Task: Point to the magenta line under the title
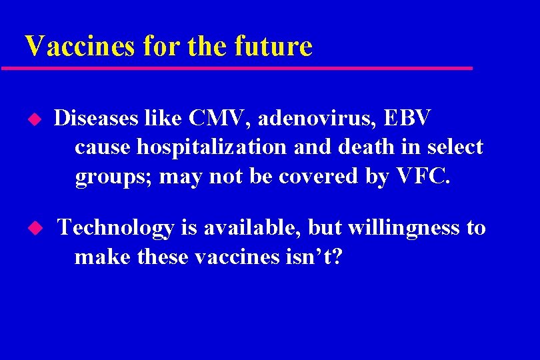pyautogui.click(x=237, y=68)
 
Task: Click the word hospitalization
pyautogui.click(x=212, y=147)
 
